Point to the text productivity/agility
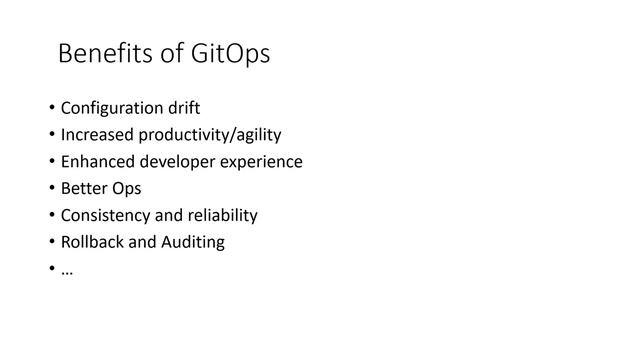[x=210, y=135]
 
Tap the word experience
[x=259, y=162]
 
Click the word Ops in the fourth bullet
[x=127, y=189]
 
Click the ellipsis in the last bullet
[x=67, y=271]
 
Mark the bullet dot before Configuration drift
[x=50, y=108]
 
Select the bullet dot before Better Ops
[x=50, y=189]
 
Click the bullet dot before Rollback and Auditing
[x=50, y=243]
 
